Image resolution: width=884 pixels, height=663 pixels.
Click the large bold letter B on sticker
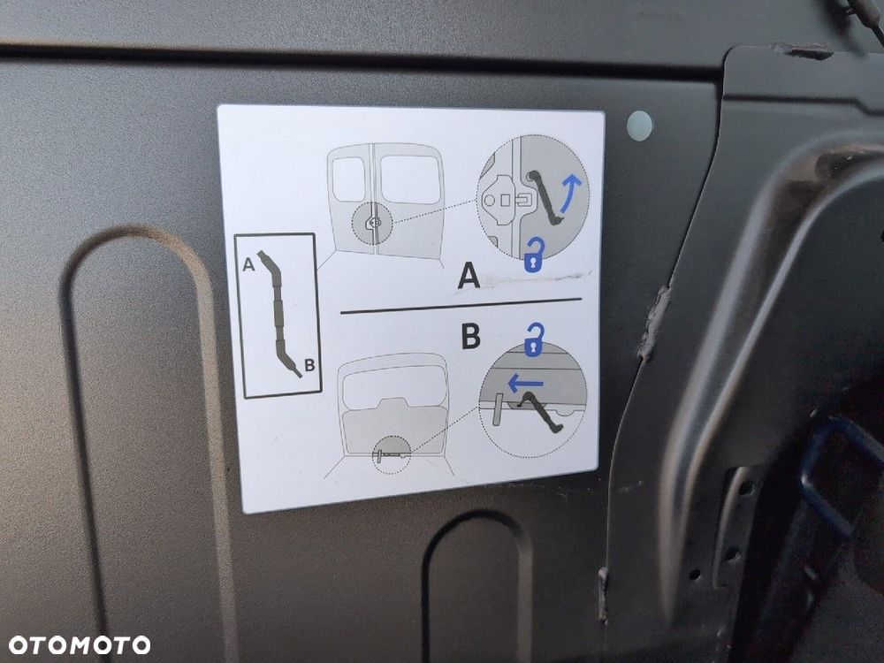coord(470,338)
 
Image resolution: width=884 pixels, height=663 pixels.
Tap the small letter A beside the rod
coord(250,263)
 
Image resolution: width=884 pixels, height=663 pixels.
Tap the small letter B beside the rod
coord(309,364)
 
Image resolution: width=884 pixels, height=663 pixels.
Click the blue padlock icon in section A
coord(534,255)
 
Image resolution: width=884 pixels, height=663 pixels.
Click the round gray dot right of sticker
coord(638,126)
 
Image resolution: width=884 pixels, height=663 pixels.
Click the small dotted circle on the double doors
coord(373,224)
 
